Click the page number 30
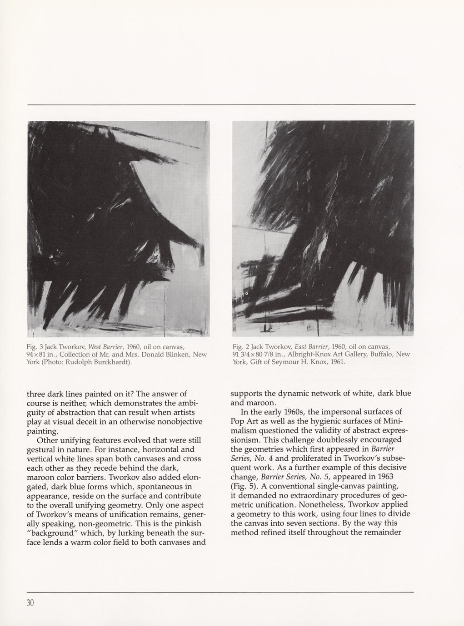[x=31, y=603]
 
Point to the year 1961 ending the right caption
[x=336, y=362]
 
